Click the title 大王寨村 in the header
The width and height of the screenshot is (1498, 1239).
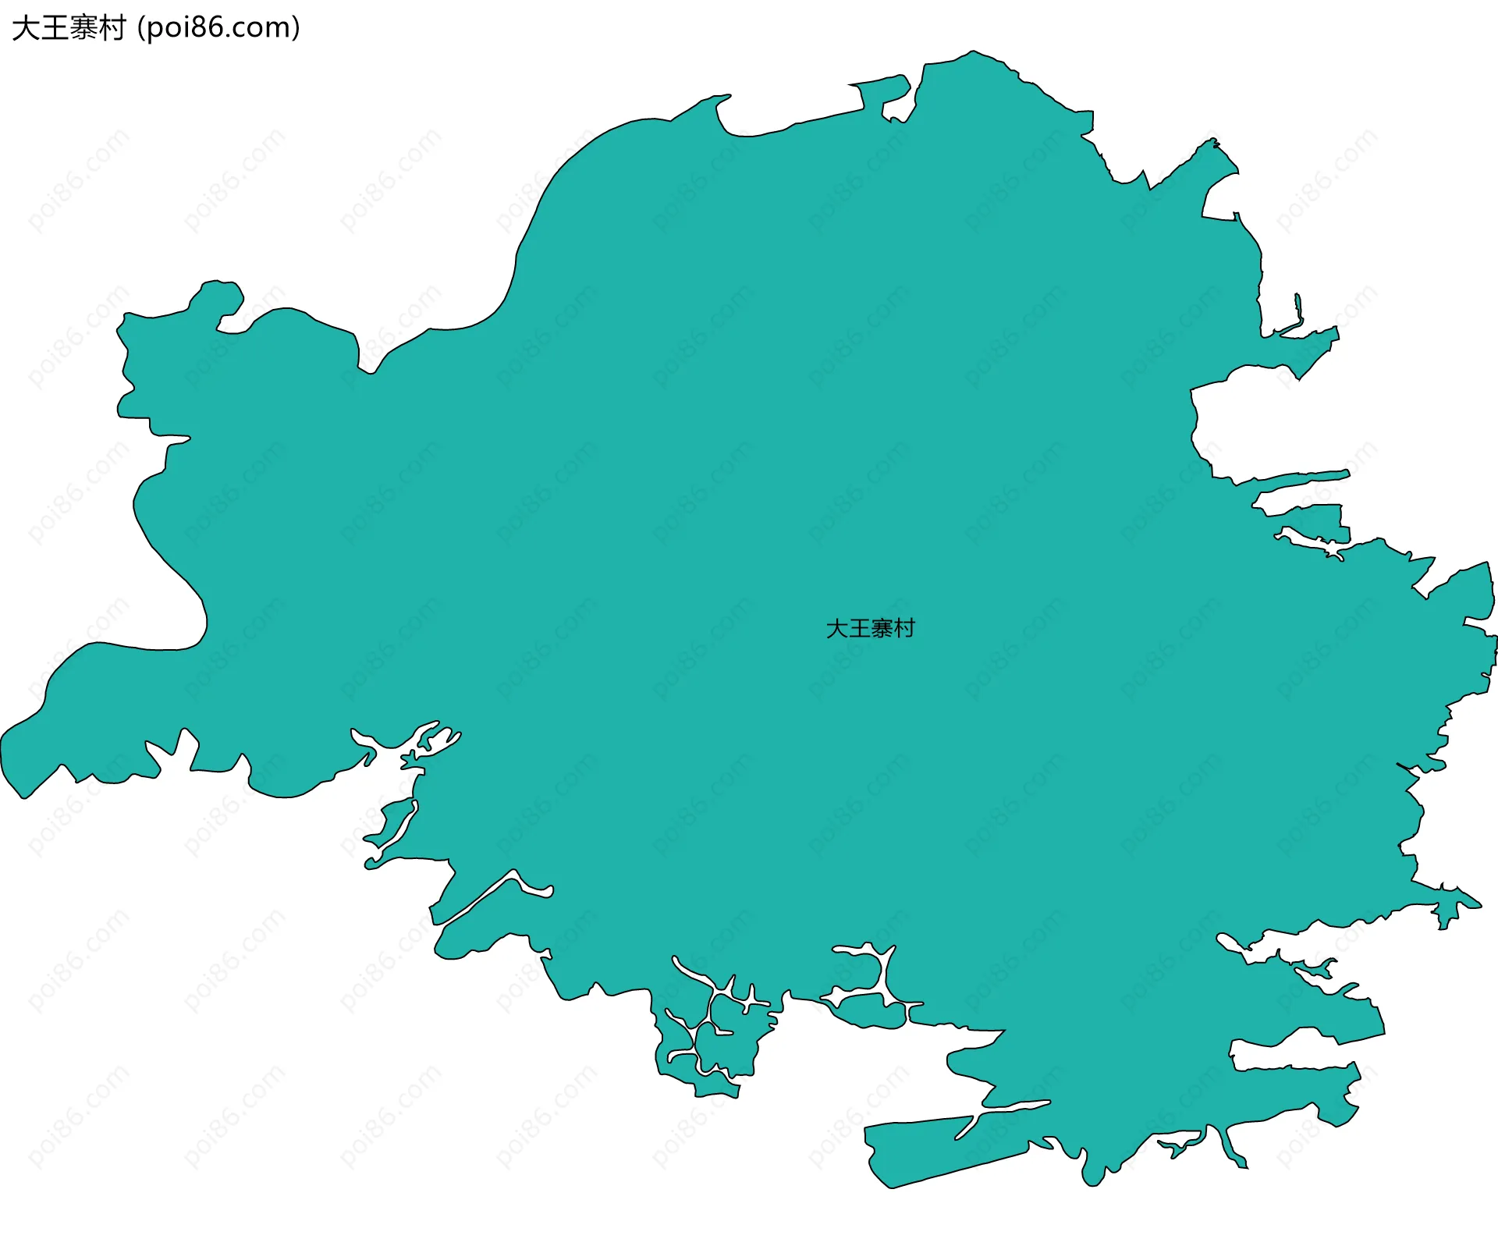tap(69, 28)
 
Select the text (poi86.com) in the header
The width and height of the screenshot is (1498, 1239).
tap(218, 28)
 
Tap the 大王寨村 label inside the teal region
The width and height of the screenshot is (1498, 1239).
tap(870, 628)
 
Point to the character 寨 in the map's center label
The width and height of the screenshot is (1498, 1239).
tap(882, 628)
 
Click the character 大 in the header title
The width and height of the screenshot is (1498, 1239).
tap(25, 28)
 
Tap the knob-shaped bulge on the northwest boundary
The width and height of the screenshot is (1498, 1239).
tap(221, 297)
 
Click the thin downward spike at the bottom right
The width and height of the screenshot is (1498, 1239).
tap(1233, 1151)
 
